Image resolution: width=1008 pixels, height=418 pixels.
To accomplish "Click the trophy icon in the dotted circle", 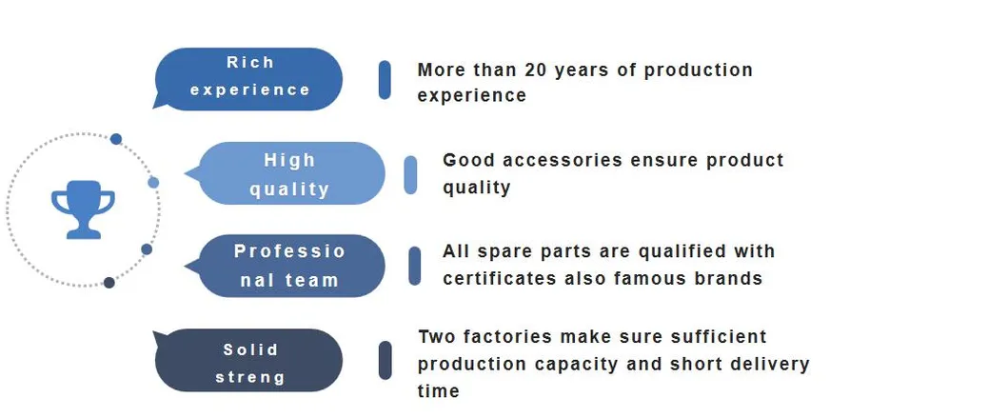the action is [83, 209].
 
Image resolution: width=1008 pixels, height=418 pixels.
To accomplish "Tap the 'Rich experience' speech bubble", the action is [248, 78].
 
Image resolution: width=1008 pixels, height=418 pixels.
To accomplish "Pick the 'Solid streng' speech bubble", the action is [248, 360].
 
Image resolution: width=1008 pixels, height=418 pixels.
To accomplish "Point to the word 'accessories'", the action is [563, 160].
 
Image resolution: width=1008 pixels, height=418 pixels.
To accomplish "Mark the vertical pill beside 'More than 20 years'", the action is [385, 80].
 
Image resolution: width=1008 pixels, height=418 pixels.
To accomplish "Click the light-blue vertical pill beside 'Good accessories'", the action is [410, 174].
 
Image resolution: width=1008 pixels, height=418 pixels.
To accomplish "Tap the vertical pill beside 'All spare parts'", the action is [415, 266].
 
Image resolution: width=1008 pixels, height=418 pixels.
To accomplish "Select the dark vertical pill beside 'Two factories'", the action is [385, 360].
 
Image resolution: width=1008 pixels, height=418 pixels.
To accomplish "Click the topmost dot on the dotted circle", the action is [116, 139].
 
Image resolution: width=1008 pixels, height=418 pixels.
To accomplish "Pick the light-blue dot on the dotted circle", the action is [153, 183].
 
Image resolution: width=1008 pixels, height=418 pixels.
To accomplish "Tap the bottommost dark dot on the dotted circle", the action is [109, 282].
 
